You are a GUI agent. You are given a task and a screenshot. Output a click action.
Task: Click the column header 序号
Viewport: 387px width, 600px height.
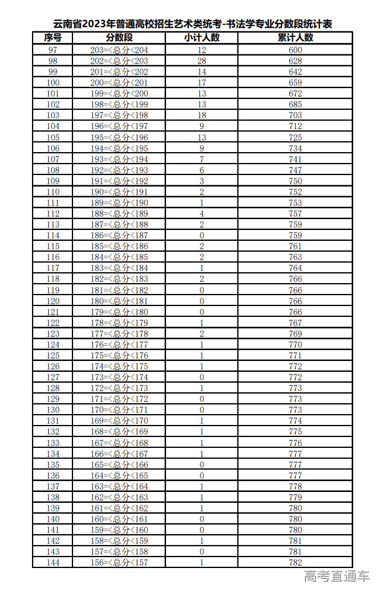coord(53,37)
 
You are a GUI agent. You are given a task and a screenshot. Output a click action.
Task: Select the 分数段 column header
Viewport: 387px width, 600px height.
coord(118,37)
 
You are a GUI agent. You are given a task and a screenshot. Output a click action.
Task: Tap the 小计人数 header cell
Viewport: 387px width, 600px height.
coord(202,37)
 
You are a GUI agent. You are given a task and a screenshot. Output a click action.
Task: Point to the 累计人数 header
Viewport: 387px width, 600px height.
coord(295,37)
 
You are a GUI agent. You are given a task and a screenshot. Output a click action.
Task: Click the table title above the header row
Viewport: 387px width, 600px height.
coord(193,24)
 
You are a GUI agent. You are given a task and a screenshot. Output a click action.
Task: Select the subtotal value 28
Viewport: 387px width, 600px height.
coord(202,61)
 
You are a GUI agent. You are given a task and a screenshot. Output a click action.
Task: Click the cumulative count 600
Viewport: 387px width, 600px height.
coord(295,50)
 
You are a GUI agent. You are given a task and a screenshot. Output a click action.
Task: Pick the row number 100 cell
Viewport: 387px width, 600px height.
coord(53,83)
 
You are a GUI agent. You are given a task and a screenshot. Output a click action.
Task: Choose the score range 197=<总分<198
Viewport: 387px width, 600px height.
coord(118,115)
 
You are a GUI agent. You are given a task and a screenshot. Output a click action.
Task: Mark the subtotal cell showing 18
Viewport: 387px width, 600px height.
coord(202,115)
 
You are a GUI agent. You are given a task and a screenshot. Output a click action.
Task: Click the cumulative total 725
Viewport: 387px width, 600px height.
coord(295,138)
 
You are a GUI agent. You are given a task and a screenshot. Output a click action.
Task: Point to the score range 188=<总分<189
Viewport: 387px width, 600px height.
coord(118,214)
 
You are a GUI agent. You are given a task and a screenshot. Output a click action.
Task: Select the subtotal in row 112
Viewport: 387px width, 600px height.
coord(202,214)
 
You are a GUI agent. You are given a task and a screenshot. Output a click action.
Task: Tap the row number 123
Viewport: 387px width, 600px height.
coord(53,334)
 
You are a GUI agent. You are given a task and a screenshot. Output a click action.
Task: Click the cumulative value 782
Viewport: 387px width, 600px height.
coord(295,563)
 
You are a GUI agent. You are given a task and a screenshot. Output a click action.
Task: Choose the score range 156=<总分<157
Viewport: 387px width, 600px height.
coord(118,563)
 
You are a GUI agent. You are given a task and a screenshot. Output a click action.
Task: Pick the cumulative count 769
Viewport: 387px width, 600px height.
coord(295,334)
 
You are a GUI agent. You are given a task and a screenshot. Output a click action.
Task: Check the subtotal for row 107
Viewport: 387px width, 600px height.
coord(202,159)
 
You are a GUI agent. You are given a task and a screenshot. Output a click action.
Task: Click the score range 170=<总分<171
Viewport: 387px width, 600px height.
coord(118,410)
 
